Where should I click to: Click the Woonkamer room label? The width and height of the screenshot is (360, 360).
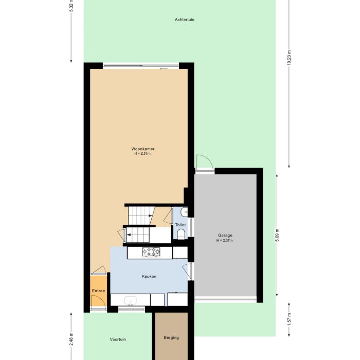(x=142, y=149)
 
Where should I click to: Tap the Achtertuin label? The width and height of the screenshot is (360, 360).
(x=184, y=20)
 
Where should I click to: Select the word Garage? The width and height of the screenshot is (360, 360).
(x=225, y=236)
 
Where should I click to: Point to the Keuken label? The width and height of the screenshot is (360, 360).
(x=149, y=276)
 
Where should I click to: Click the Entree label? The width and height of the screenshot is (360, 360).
(x=98, y=291)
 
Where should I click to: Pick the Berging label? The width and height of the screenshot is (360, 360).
(x=171, y=337)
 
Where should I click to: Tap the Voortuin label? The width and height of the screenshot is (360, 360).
(x=118, y=339)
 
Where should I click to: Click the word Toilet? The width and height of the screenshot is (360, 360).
(x=180, y=225)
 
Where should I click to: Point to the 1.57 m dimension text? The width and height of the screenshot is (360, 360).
(x=289, y=319)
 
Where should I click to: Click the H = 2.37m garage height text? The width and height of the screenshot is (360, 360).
(x=225, y=240)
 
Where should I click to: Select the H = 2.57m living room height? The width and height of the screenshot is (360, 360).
(x=142, y=154)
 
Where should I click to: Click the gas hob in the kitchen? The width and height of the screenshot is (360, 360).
(x=151, y=251)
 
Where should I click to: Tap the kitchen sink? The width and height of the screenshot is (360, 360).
(x=130, y=300)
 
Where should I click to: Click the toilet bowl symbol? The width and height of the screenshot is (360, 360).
(x=181, y=235)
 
